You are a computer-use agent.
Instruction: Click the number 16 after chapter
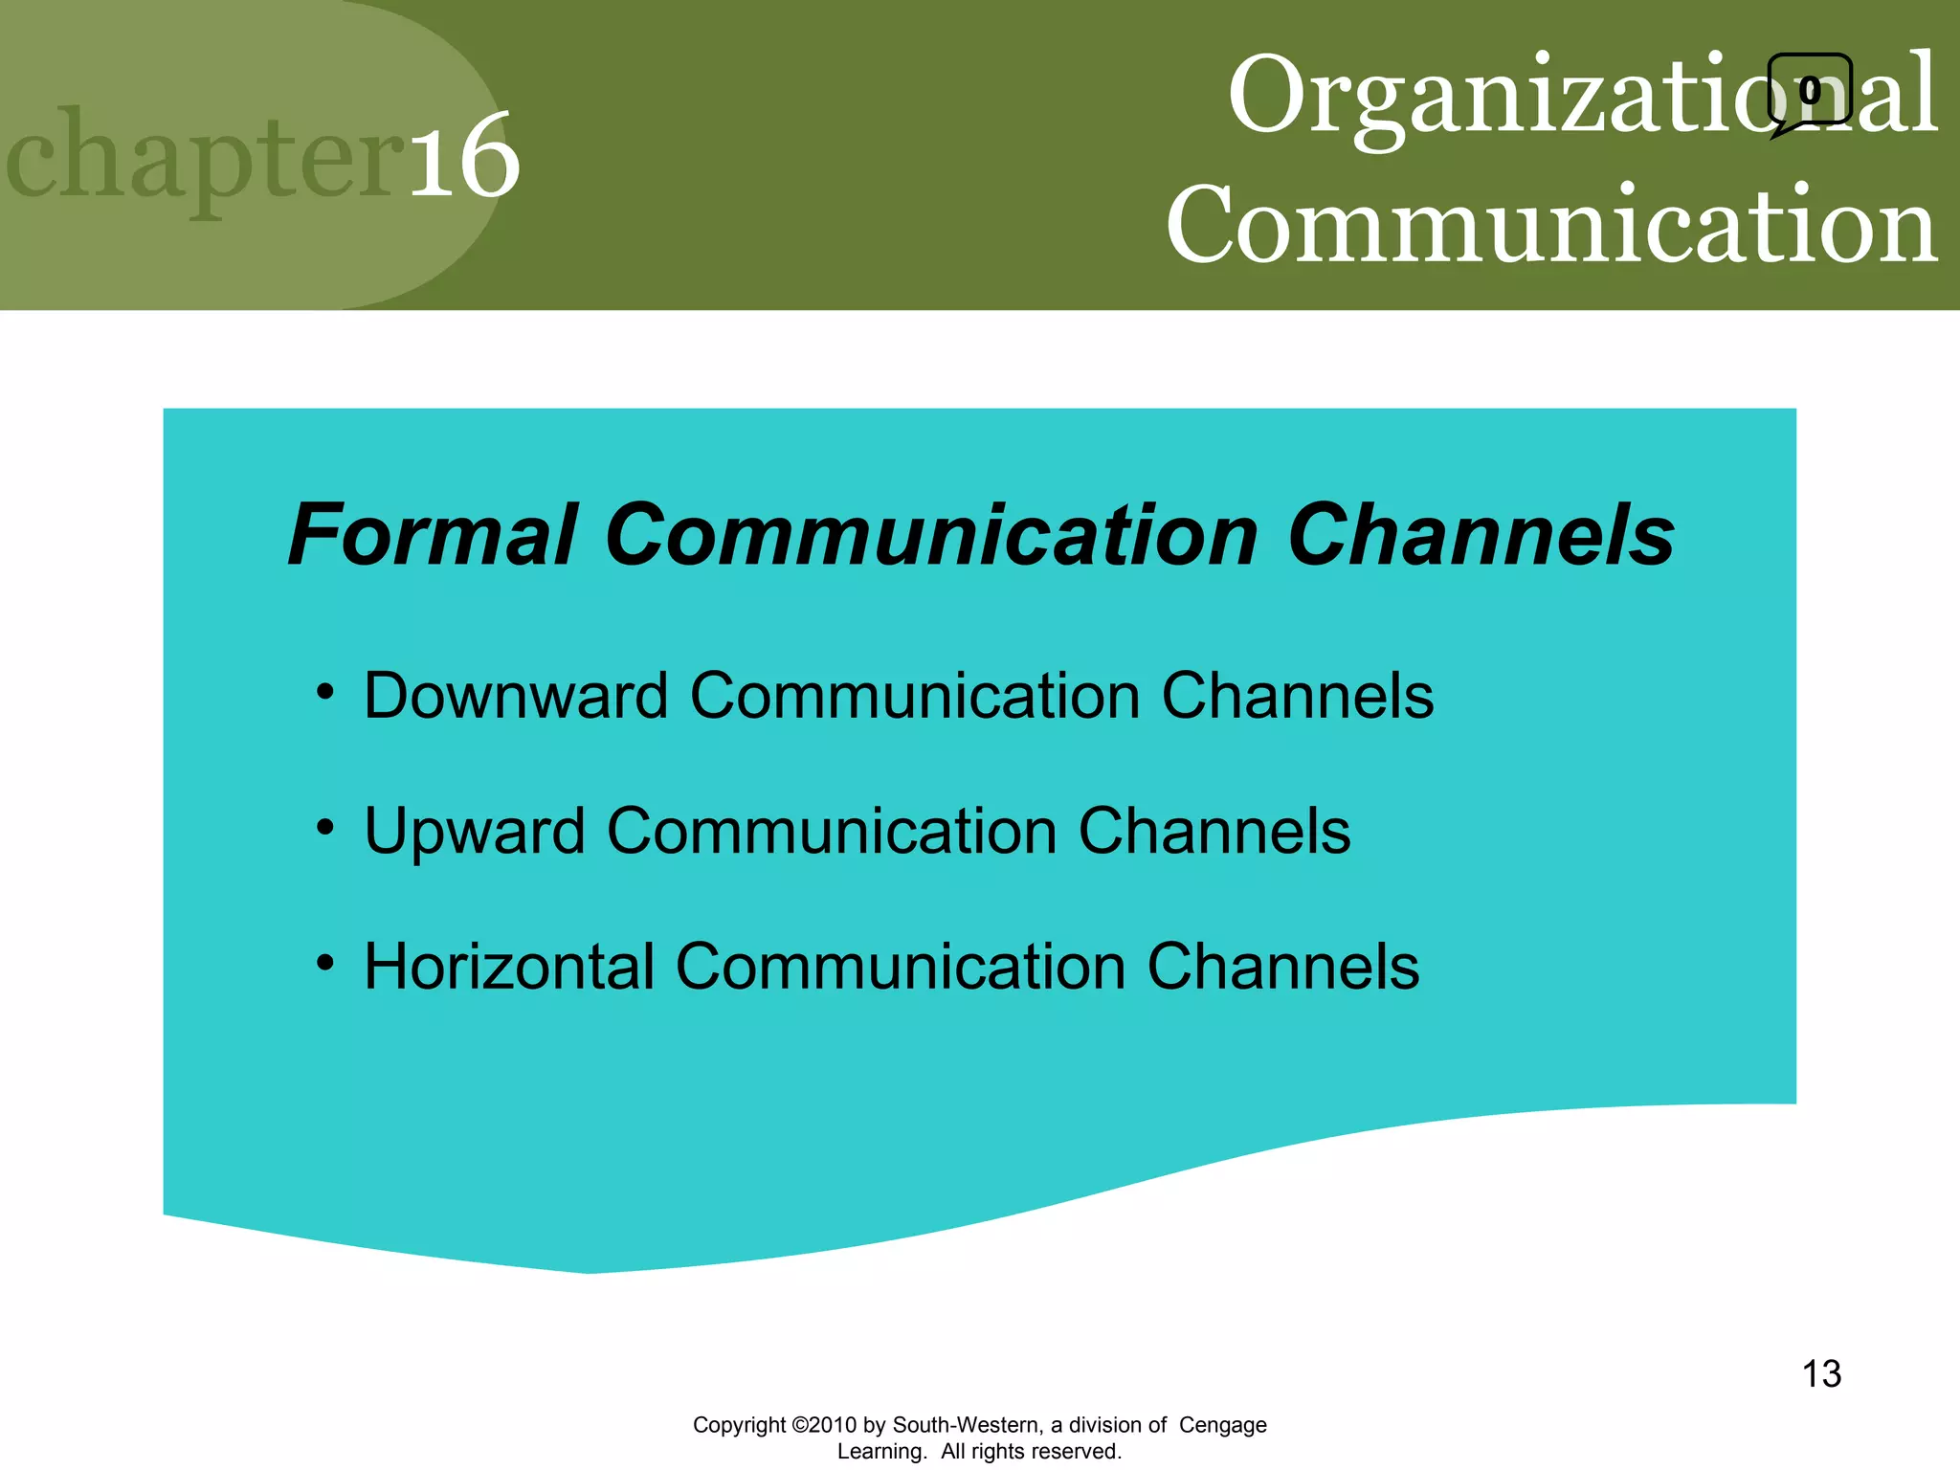[465, 155]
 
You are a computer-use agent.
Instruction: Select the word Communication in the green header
[1550, 226]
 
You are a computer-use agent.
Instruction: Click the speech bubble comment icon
[1808, 92]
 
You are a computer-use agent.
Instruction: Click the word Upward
[475, 831]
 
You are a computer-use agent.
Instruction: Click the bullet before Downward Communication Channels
[325, 691]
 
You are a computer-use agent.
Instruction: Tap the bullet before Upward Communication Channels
[325, 827]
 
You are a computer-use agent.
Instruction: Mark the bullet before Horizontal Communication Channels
[325, 963]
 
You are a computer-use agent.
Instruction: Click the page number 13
[1821, 1374]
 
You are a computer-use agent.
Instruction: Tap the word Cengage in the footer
[1222, 1425]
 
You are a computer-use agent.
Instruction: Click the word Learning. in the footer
[881, 1452]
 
